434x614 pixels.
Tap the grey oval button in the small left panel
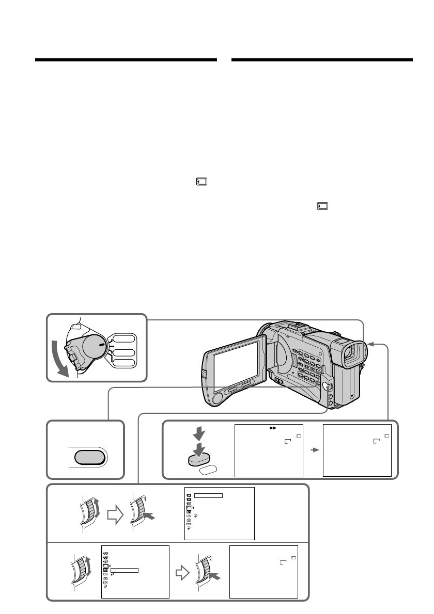pyautogui.click(x=85, y=457)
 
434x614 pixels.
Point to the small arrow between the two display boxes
pyautogui.click(x=313, y=450)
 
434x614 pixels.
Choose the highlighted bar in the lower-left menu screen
pyautogui.click(x=125, y=570)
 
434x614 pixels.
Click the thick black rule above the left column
pyautogui.click(x=126, y=60)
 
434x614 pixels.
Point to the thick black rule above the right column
pyautogui.click(x=322, y=60)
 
